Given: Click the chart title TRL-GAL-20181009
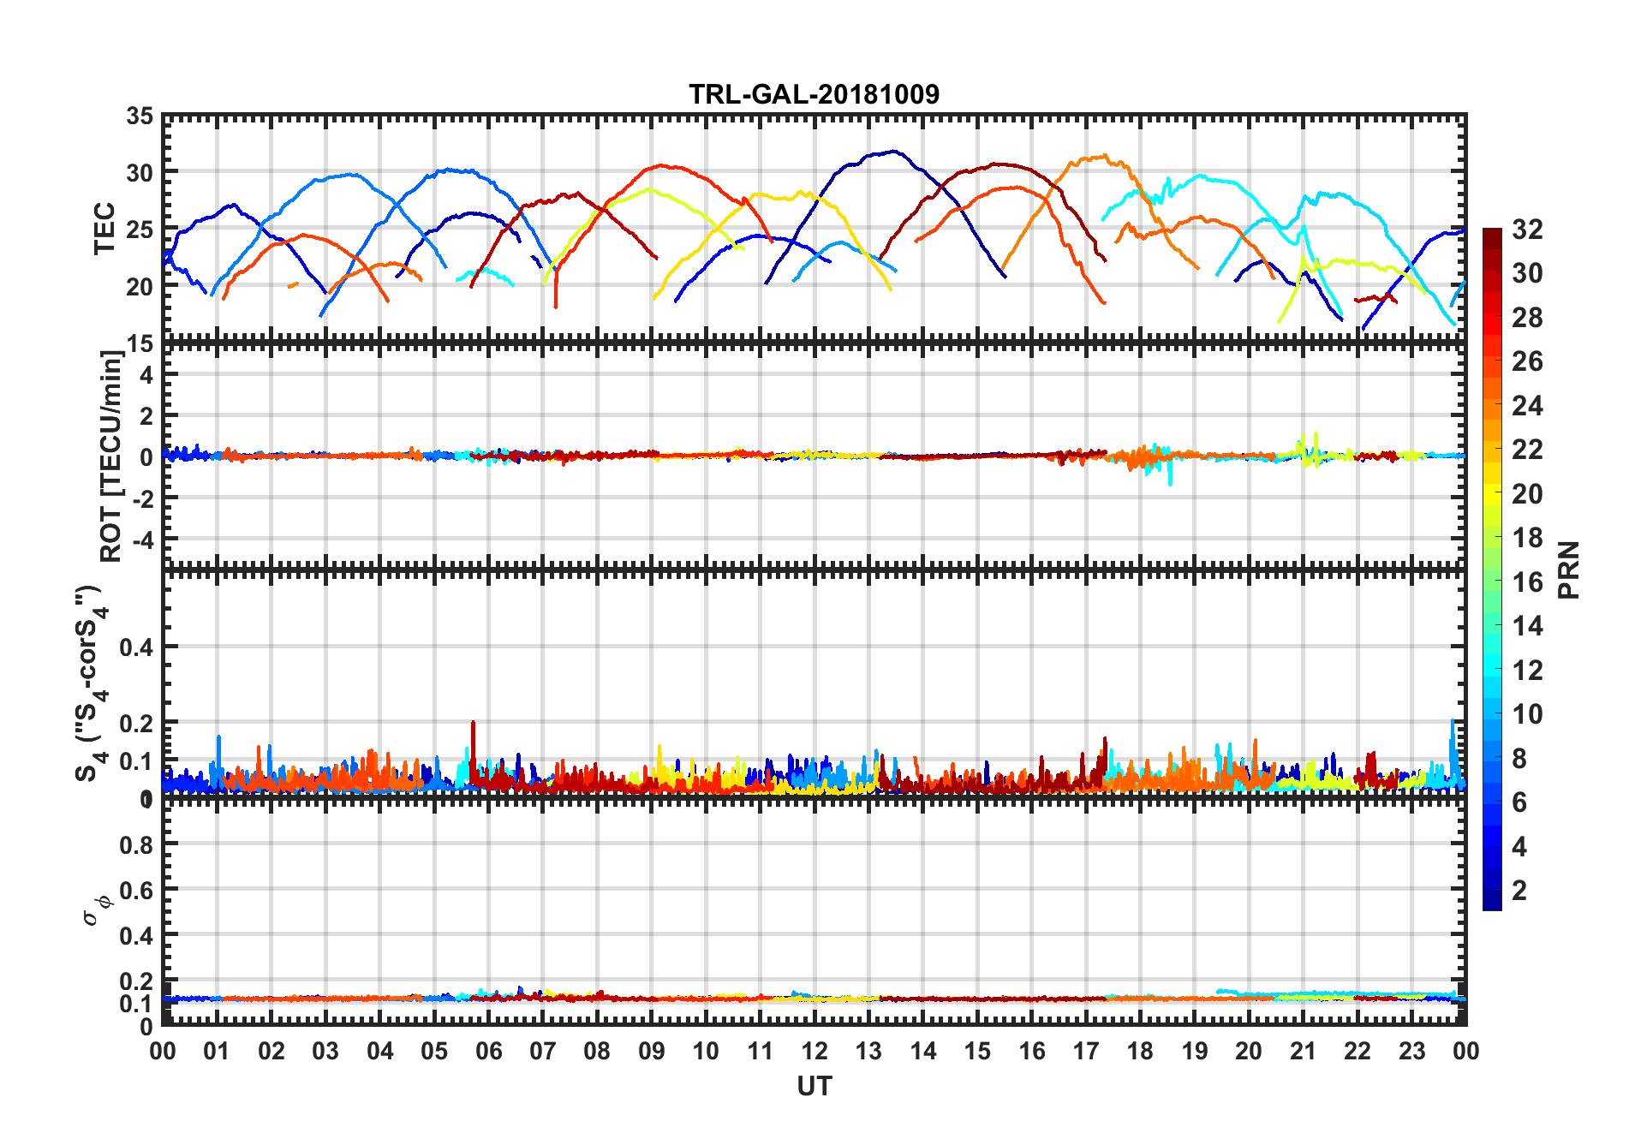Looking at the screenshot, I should pyautogui.click(x=814, y=94).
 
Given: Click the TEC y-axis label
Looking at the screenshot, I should pyautogui.click(x=104, y=229).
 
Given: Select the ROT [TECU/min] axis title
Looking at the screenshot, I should pyautogui.click(x=111, y=456).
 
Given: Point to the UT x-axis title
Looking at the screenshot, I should pyautogui.click(x=814, y=1086).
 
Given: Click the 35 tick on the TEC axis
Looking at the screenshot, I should pyautogui.click(x=140, y=116).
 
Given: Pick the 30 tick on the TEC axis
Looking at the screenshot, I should pyautogui.click(x=140, y=172).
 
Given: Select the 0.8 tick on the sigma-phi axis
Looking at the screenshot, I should pyautogui.click(x=136, y=844).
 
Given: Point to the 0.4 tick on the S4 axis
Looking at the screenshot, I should pyautogui.click(x=136, y=647).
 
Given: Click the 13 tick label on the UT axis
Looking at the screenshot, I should pyautogui.click(x=868, y=1051).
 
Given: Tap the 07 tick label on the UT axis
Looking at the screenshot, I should pyautogui.click(x=543, y=1051).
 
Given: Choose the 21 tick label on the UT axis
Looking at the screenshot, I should pyautogui.click(x=1303, y=1051).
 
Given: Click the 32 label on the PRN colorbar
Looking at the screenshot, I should pyautogui.click(x=1527, y=230).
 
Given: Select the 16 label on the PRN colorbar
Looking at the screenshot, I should pyautogui.click(x=1527, y=582).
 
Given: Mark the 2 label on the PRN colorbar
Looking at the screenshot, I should pyautogui.click(x=1519, y=891).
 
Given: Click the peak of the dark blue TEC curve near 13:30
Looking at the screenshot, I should pyautogui.click(x=895, y=152).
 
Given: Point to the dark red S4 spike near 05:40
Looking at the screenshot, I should pyautogui.click(x=473, y=723).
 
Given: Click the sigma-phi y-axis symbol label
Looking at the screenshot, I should pyautogui.click(x=98, y=908).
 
